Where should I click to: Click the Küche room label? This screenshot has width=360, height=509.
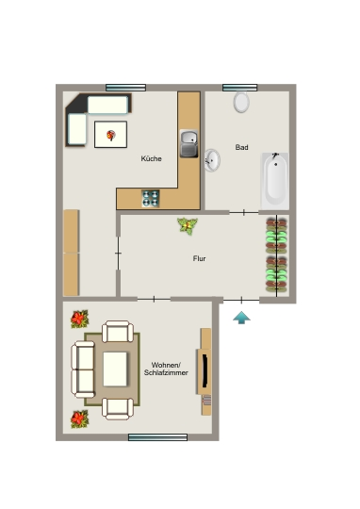[152, 158]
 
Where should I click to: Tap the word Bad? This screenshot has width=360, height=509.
[242, 147]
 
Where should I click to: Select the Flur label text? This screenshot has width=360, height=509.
[199, 258]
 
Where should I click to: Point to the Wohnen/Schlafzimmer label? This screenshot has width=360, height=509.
[166, 369]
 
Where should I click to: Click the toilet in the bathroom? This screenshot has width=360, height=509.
[241, 102]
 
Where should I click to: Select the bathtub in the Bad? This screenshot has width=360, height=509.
[275, 181]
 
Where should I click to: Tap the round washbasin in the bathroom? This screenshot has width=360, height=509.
[212, 160]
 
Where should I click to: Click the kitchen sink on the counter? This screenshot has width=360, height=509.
[188, 143]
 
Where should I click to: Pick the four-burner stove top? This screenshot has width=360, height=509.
[151, 198]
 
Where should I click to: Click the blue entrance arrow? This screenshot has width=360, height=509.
[241, 318]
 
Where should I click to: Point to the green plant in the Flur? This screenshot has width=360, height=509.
[188, 226]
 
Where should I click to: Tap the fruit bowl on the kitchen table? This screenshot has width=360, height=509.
[110, 135]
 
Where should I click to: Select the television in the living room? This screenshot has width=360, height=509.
[205, 371]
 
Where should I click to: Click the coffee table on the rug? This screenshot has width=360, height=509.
[115, 369]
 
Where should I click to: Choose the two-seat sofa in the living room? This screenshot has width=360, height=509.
[83, 369]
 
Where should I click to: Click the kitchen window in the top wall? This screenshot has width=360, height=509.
[125, 88]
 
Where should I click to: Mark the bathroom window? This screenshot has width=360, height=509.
[240, 88]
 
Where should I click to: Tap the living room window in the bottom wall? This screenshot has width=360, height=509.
[157, 437]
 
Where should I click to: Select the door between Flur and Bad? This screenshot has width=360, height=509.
[244, 213]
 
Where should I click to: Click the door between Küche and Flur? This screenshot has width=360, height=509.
[118, 254]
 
